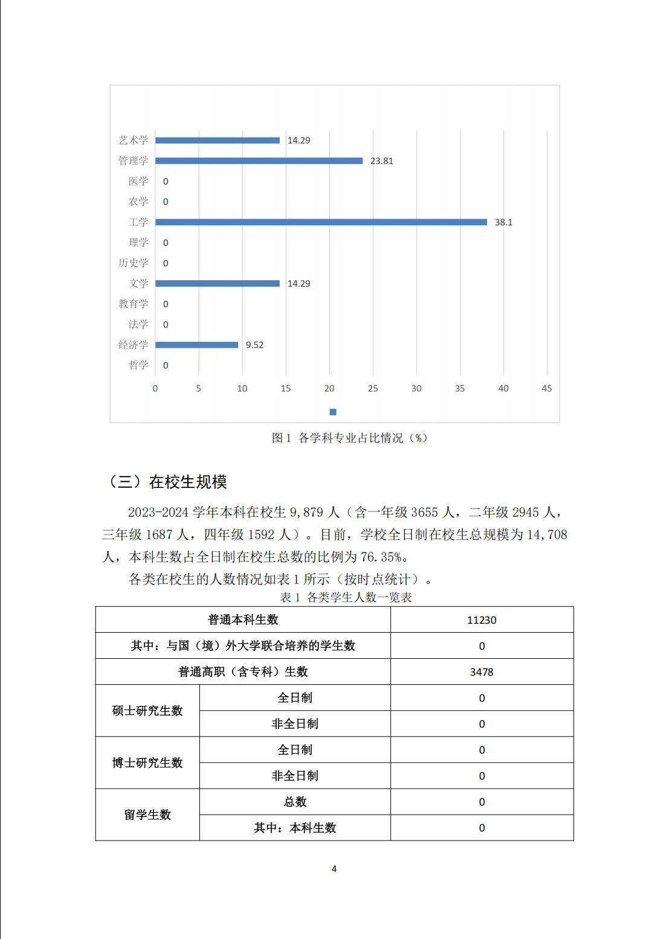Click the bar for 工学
click(321, 222)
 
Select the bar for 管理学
click(259, 161)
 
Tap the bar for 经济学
click(196, 345)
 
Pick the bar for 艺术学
click(217, 140)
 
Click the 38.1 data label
click(503, 222)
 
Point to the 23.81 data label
click(381, 161)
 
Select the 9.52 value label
click(254, 345)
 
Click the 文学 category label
click(138, 283)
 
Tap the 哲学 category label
click(138, 365)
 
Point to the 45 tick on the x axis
click(547, 388)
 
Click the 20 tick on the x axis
click(329, 388)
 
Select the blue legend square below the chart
click(333, 412)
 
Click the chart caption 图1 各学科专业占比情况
click(349, 438)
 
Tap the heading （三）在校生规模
click(167, 481)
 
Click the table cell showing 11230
click(482, 620)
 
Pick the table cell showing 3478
click(482, 672)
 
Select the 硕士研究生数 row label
click(147, 711)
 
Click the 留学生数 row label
click(147, 815)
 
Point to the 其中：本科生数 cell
click(295, 828)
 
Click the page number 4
click(334, 868)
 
